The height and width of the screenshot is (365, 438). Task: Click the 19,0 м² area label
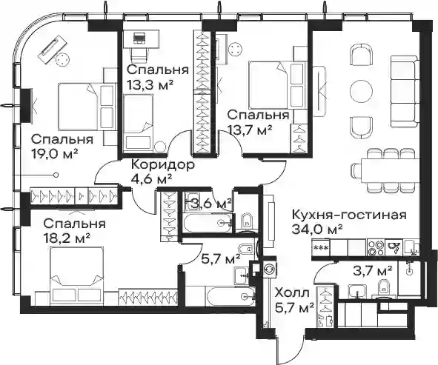click(55, 153)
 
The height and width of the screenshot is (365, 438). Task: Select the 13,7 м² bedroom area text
click(250, 130)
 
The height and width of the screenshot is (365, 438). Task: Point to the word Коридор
click(162, 165)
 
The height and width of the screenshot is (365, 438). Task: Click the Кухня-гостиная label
click(349, 215)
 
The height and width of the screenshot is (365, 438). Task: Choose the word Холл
click(292, 293)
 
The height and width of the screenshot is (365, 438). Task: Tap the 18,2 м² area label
click(67, 238)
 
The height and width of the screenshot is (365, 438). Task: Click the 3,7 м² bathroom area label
click(374, 270)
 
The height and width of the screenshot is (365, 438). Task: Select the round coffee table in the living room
click(361, 91)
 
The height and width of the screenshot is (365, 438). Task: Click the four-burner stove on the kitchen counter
click(376, 247)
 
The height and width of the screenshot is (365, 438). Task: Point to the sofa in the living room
click(405, 91)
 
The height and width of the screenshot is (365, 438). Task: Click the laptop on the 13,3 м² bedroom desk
click(139, 38)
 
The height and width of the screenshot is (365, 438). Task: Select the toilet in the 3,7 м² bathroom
click(383, 288)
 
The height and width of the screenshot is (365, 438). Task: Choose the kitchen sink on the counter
click(394, 247)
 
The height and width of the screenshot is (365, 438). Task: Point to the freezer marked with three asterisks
click(321, 247)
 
